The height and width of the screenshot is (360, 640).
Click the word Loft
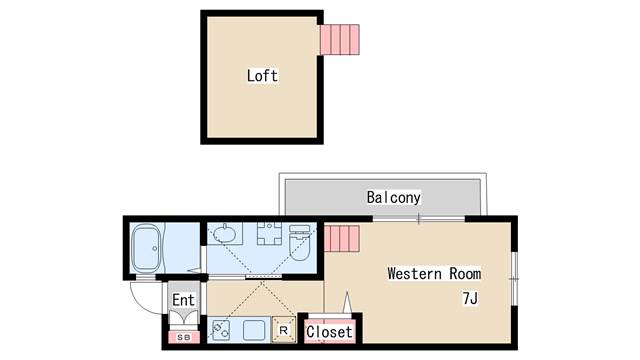(262, 76)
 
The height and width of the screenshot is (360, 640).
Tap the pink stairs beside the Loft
(340, 39)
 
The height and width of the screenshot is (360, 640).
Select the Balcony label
(393, 197)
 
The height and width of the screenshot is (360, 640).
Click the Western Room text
(434, 273)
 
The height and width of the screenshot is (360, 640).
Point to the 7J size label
(469, 298)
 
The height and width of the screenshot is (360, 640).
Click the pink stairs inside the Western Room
(339, 241)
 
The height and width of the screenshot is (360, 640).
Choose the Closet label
(330, 331)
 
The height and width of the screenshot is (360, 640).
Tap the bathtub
(147, 249)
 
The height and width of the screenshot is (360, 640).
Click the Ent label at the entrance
(183, 300)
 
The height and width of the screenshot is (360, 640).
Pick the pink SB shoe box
(184, 336)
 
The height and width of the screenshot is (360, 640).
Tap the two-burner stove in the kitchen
(221, 329)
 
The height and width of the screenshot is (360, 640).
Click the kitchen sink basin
(253, 329)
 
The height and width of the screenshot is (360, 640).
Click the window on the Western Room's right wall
(513, 276)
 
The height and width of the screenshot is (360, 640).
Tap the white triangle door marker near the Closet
(347, 302)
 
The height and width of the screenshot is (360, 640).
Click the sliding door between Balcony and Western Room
(420, 217)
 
